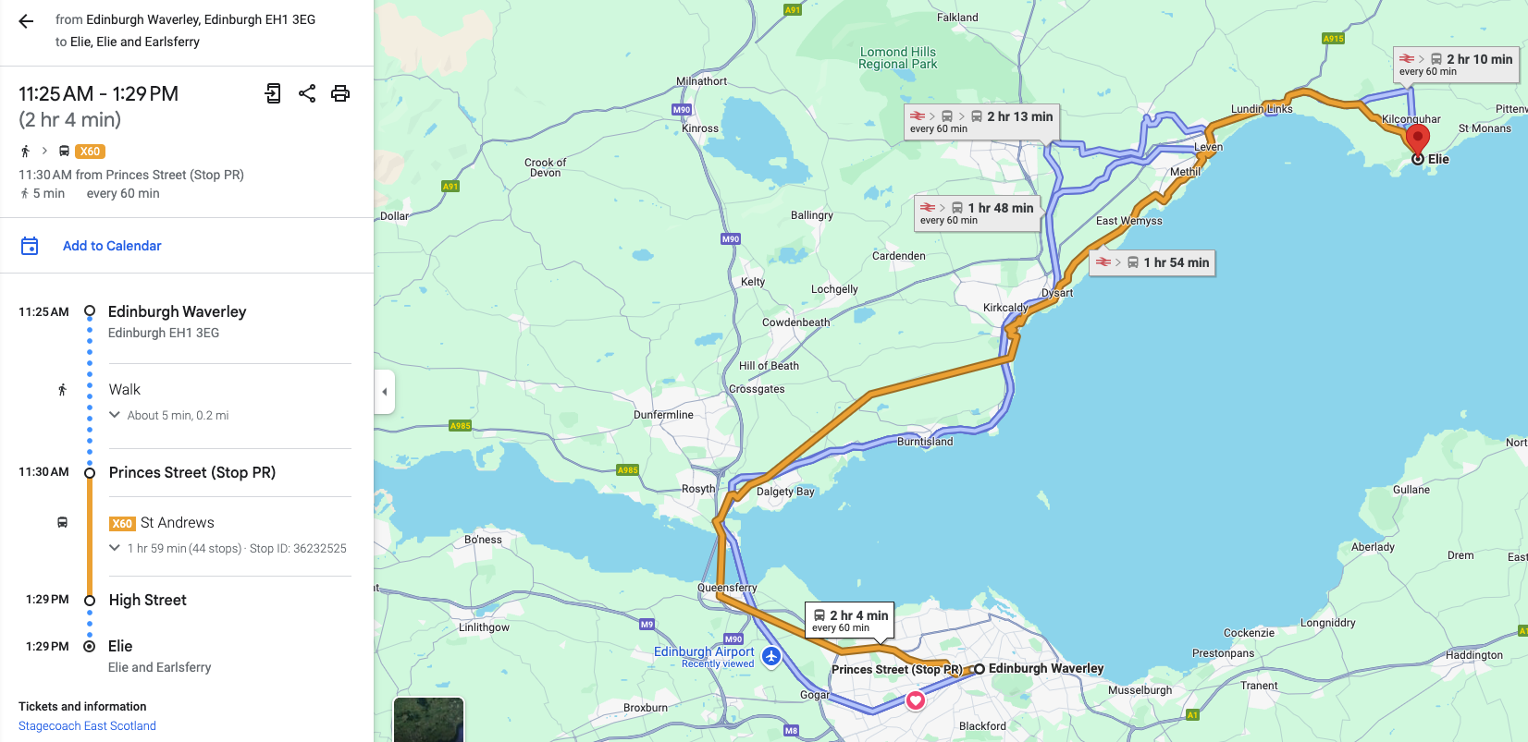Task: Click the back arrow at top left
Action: pyautogui.click(x=26, y=21)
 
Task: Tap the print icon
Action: pyautogui.click(x=340, y=93)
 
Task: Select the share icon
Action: pyautogui.click(x=307, y=93)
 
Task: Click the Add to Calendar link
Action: pyautogui.click(x=112, y=246)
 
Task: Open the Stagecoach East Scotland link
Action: pyautogui.click(x=87, y=726)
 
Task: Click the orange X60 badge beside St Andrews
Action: pyautogui.click(x=122, y=524)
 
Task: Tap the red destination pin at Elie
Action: pyautogui.click(x=1417, y=139)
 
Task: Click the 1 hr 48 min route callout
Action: pyautogui.click(x=977, y=213)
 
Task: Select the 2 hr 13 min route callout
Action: pyautogui.click(x=981, y=121)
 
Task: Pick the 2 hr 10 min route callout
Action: pyautogui.click(x=1456, y=64)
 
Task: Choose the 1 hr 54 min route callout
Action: pyautogui.click(x=1152, y=262)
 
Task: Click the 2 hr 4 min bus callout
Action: pyautogui.click(x=850, y=620)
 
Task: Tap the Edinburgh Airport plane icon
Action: pyautogui.click(x=771, y=656)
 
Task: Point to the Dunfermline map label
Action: pyautogui.click(x=663, y=415)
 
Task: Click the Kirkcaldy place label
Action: pyautogui.click(x=1005, y=308)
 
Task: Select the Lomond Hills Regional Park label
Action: pyautogui.click(x=897, y=58)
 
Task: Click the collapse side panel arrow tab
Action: pyautogui.click(x=385, y=392)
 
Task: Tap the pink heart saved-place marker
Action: pyautogui.click(x=915, y=700)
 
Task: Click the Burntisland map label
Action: pyautogui.click(x=925, y=442)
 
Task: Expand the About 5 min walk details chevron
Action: pyautogui.click(x=115, y=415)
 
